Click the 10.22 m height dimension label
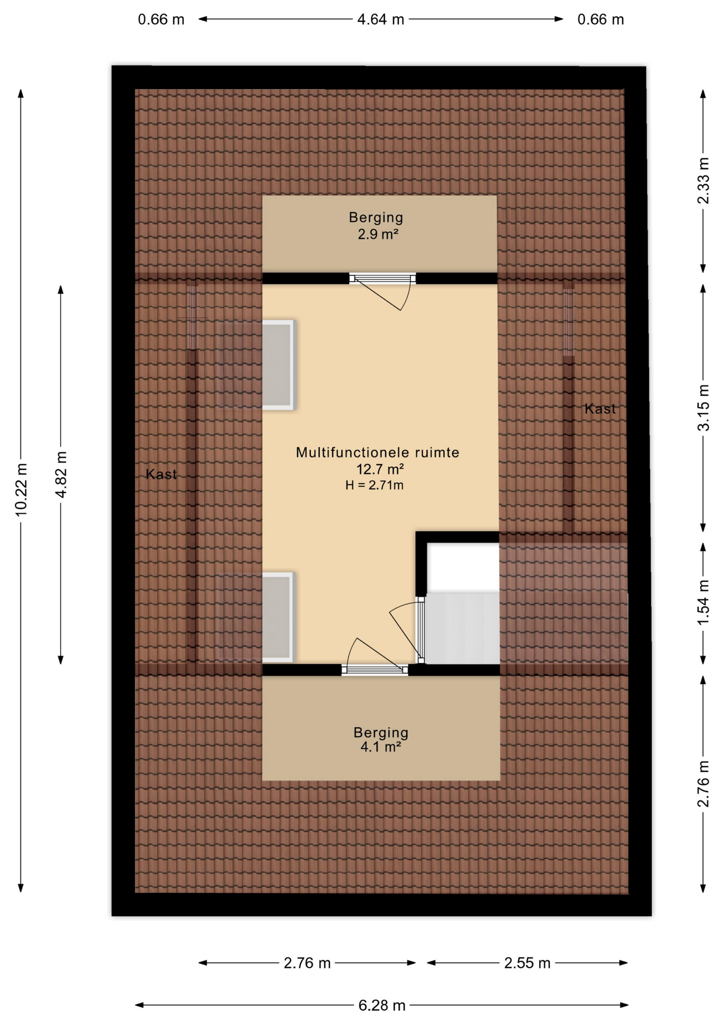(21, 490)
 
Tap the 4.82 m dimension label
(61, 474)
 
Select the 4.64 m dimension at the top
(380, 20)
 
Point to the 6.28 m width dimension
(382, 1005)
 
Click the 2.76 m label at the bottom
(307, 963)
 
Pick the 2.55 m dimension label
(527, 963)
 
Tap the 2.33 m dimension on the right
(704, 180)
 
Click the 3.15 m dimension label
(704, 407)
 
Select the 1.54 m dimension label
(704, 603)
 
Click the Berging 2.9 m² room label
(376, 226)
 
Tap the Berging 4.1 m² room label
(381, 739)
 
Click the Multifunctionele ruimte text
(377, 453)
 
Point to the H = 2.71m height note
(374, 485)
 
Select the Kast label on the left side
(161, 474)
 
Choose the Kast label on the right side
(600, 409)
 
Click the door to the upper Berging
(383, 279)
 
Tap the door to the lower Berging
(375, 670)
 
